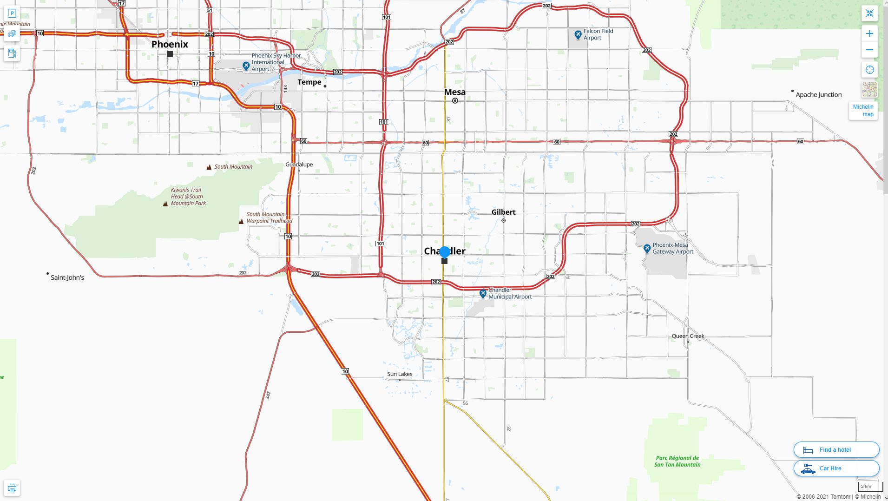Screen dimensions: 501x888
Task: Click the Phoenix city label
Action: click(170, 45)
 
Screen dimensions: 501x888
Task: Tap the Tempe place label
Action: click(309, 82)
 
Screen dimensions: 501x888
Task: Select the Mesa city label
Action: click(454, 92)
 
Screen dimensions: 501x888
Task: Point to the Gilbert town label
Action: click(503, 212)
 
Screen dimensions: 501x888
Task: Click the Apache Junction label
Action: click(818, 95)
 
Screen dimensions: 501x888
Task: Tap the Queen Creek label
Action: click(688, 336)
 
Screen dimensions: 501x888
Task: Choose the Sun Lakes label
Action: click(400, 374)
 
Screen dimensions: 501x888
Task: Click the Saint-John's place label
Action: click(67, 277)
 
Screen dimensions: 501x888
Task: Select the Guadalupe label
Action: click(299, 165)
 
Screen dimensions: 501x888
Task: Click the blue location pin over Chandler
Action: click(445, 252)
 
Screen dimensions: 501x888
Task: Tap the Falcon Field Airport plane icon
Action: click(578, 34)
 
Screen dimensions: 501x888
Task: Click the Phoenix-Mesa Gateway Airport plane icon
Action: click(647, 249)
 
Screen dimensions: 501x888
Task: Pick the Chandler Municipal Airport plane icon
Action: click(483, 294)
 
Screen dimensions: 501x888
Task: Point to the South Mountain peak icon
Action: click(209, 167)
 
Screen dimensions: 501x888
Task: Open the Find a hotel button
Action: click(836, 450)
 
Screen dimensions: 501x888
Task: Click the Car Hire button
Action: click(836, 468)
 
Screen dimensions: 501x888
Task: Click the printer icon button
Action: click(12, 488)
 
